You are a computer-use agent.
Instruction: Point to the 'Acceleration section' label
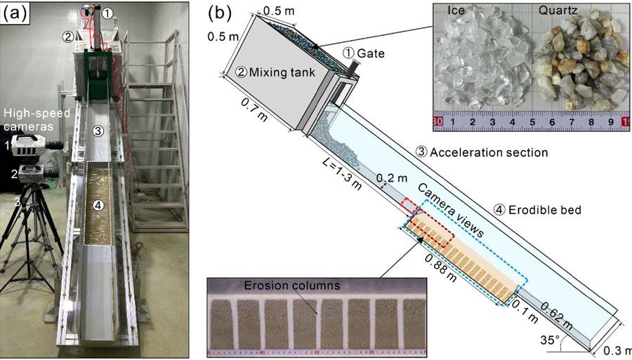pyautogui.click(x=491, y=152)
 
